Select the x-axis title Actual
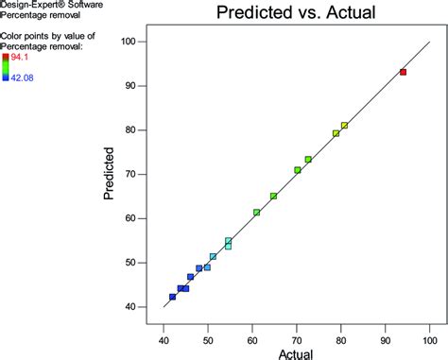[x=297, y=352]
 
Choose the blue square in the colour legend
[x=5, y=77]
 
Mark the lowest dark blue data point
[x=173, y=297]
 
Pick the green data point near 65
[x=274, y=197]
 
